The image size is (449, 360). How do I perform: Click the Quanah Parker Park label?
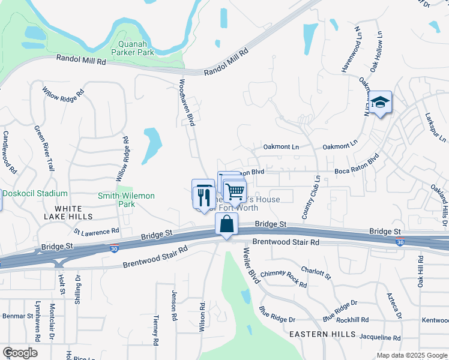127,47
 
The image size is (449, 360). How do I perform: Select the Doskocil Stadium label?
35,193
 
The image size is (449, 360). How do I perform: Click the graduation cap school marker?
380,103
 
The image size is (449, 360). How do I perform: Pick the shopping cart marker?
235,191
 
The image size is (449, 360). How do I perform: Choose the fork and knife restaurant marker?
203,196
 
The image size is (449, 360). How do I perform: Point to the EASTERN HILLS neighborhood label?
322,334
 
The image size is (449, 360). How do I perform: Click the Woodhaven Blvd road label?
188,103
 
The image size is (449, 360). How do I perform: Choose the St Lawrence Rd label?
96,232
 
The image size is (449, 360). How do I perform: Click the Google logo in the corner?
20,353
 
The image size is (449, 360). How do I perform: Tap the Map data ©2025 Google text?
411,355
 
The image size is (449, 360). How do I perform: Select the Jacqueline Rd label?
380,338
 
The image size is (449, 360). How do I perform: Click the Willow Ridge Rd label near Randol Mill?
63,94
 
